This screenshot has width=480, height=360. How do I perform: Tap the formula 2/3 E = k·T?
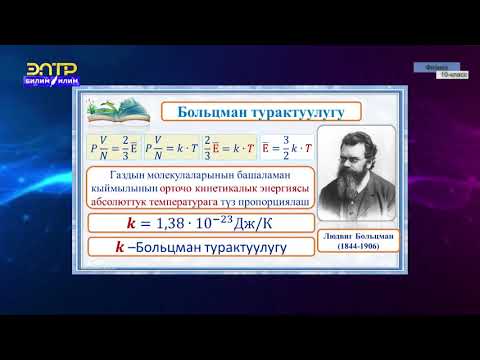pos(228,146)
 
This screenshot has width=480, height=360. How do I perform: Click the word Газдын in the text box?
pos(119,177)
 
